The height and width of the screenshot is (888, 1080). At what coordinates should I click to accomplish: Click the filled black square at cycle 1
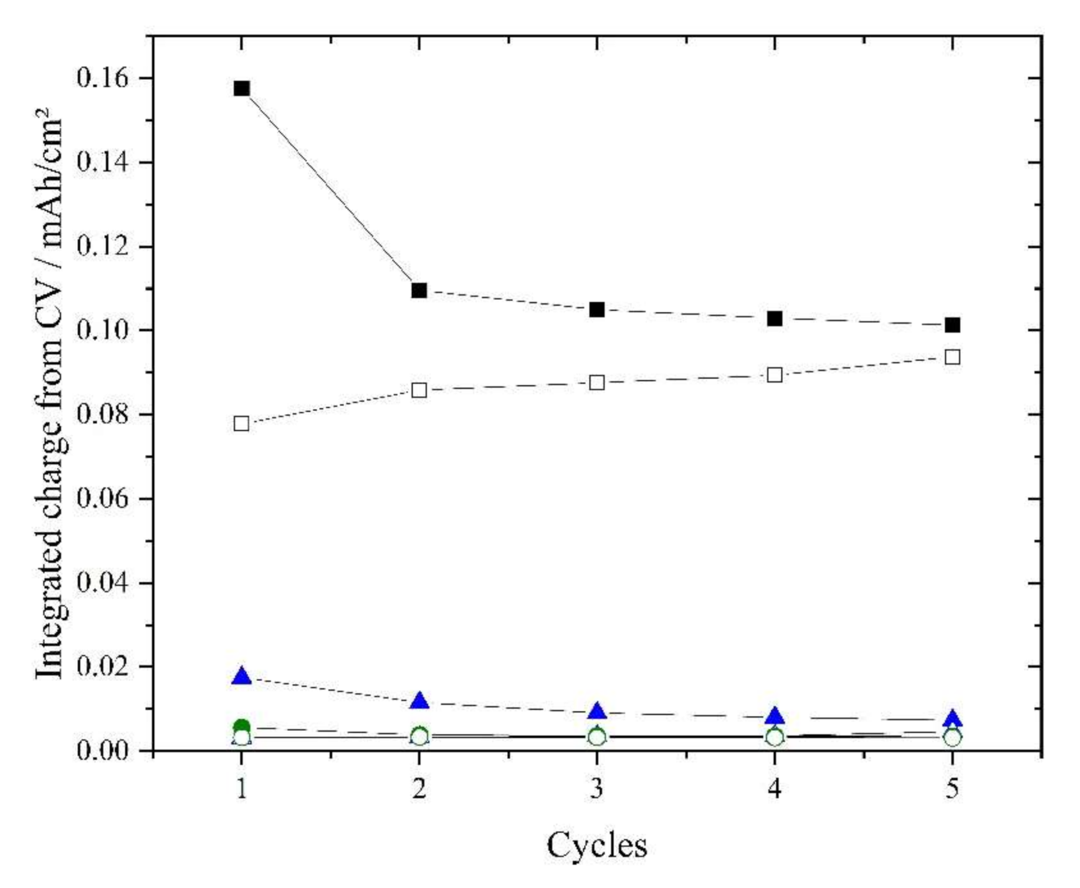click(x=242, y=89)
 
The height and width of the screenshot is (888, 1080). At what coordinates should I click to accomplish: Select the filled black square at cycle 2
click(x=419, y=291)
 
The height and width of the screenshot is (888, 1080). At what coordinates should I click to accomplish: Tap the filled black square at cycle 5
click(x=952, y=325)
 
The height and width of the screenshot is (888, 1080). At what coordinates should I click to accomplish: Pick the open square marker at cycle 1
click(x=242, y=423)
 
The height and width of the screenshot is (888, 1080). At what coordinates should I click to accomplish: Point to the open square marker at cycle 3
click(x=597, y=382)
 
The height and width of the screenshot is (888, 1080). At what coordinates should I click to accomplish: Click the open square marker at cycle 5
click(x=952, y=357)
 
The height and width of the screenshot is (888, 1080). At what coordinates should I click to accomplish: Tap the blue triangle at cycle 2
click(x=419, y=701)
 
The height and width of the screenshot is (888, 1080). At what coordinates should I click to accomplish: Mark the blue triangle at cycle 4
click(x=775, y=717)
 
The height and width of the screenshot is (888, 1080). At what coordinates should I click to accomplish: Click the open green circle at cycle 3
click(x=597, y=737)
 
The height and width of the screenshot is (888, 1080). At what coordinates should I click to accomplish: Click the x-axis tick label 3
click(x=597, y=790)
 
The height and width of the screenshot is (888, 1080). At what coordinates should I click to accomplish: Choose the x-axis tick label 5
click(x=952, y=790)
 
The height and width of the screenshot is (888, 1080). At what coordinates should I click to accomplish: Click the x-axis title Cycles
click(x=596, y=846)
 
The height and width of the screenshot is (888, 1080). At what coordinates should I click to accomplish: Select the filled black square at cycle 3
click(x=597, y=310)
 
